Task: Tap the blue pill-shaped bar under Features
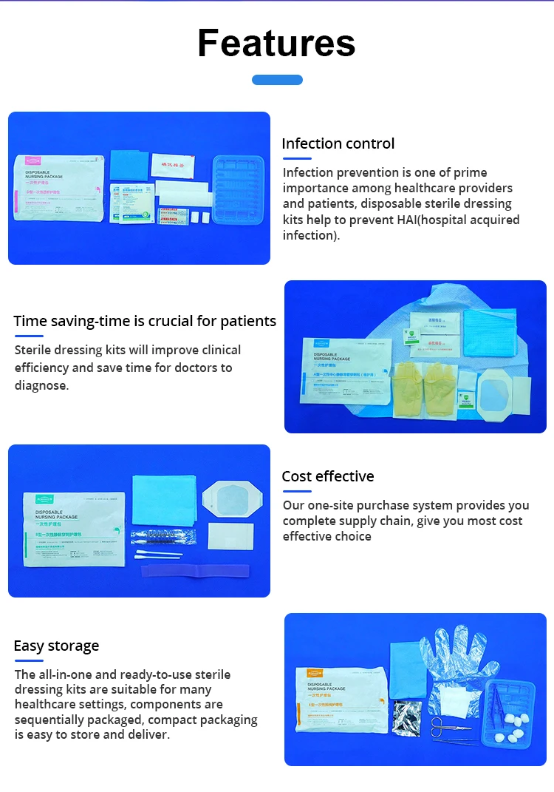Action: tap(277, 80)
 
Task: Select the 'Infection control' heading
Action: tap(338, 143)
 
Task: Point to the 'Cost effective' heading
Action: tap(327, 476)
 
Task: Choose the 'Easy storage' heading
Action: tap(56, 646)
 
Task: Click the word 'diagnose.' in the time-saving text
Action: tap(41, 385)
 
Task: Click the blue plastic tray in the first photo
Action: tap(239, 189)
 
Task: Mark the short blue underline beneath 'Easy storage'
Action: tap(29, 660)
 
